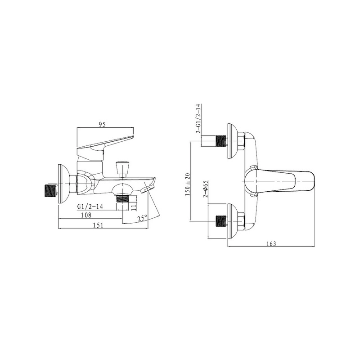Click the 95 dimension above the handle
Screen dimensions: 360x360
click(x=102, y=125)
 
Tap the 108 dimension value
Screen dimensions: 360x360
click(x=86, y=215)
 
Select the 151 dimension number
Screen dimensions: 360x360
click(x=98, y=225)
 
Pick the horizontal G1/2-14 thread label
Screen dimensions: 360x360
click(x=90, y=207)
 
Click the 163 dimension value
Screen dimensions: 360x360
click(x=271, y=243)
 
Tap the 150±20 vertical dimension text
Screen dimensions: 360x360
click(x=188, y=184)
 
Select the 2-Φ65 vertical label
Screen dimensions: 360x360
click(x=206, y=189)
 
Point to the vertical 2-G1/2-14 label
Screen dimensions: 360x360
click(x=198, y=118)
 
